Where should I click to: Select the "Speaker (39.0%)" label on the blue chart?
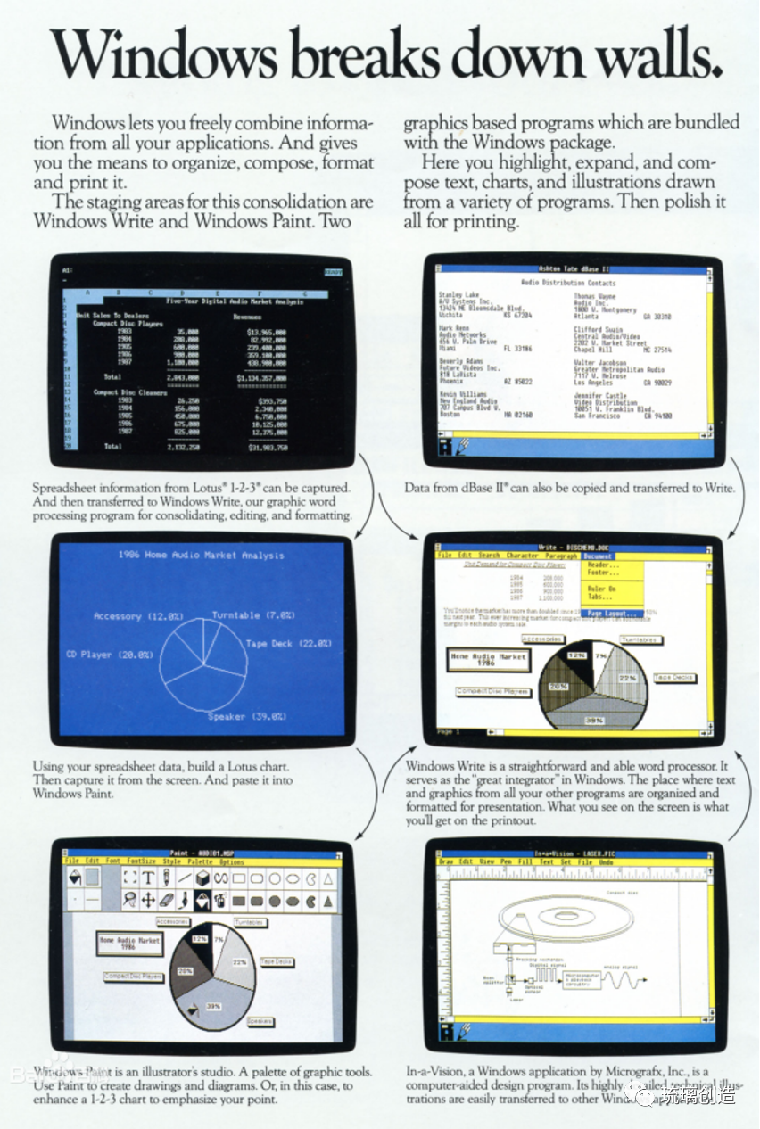(247, 716)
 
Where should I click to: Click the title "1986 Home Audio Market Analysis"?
(201, 555)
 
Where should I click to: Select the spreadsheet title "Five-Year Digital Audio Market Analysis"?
(235, 301)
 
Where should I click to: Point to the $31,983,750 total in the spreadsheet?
(267, 447)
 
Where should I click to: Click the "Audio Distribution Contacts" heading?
(568, 283)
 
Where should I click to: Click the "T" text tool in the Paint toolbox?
(149, 878)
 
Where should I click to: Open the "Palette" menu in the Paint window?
(200, 862)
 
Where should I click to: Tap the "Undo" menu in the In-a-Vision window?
(606, 862)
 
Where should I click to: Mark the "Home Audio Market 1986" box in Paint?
(130, 944)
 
